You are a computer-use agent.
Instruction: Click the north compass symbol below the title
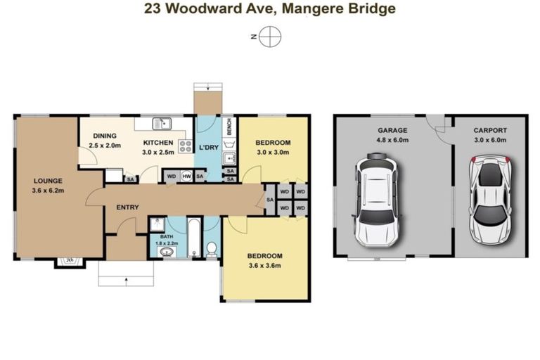point(269,37)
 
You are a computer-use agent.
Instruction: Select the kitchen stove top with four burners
point(186,146)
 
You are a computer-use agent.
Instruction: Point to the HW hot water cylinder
point(186,176)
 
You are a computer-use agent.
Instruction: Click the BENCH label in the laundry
point(229,127)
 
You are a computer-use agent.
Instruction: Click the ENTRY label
point(128,207)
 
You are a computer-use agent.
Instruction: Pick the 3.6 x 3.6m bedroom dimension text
point(264,266)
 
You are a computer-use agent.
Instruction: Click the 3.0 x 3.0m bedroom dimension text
point(272,152)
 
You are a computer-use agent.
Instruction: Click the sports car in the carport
point(489,196)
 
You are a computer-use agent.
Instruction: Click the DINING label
point(103,135)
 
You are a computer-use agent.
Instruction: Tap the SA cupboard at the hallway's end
point(269,200)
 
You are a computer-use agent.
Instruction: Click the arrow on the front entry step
point(125,281)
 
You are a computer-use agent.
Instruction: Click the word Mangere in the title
point(312,9)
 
